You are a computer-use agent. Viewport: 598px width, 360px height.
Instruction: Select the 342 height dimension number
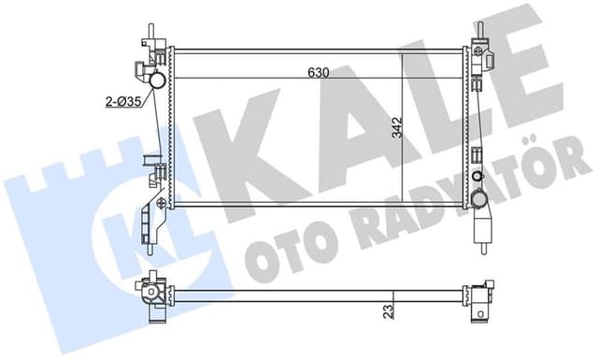pos(397,127)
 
